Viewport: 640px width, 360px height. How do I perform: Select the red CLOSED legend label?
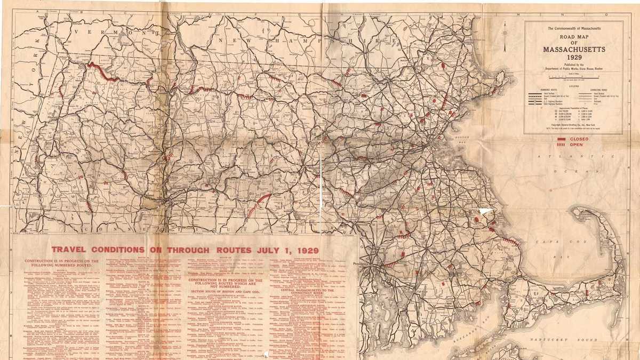pos(579,139)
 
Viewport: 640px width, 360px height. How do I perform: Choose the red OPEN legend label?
pos(577,145)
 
